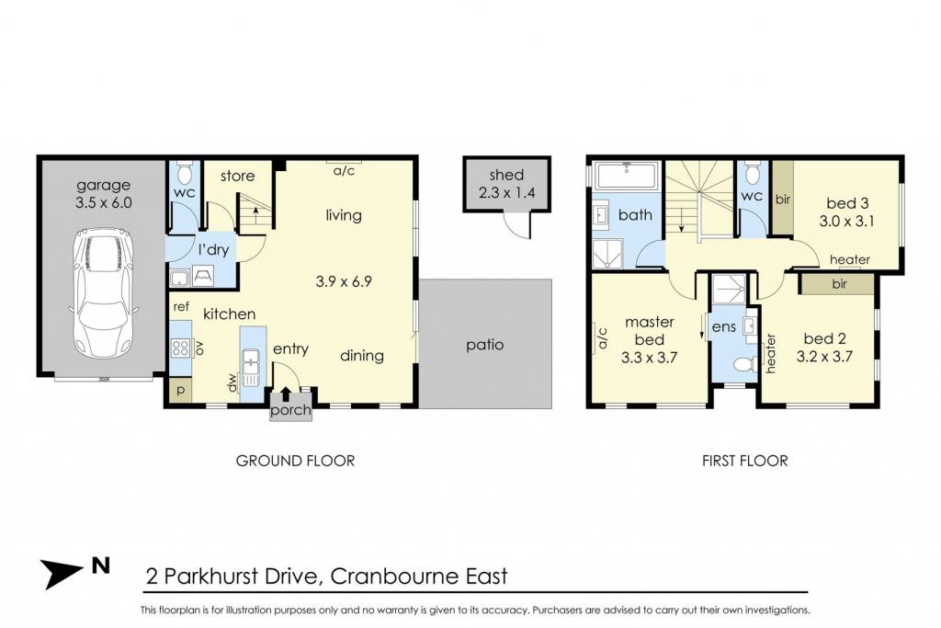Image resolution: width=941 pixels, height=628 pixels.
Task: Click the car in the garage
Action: click(103, 293)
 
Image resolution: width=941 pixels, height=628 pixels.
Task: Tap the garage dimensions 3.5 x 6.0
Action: click(103, 202)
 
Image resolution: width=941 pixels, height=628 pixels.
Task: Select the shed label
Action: click(506, 175)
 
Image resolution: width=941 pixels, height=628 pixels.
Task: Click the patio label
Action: click(485, 345)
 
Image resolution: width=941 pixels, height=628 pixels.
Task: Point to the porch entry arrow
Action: click(286, 394)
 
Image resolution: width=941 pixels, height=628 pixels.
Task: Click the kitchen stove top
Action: click(181, 348)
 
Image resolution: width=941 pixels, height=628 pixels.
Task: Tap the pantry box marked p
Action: click(181, 390)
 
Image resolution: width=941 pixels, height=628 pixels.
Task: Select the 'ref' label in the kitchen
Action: click(181, 307)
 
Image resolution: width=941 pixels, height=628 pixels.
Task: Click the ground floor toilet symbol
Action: click(185, 174)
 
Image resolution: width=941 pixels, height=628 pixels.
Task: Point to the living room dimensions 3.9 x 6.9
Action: click(344, 281)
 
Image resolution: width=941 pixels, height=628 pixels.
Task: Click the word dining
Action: click(362, 356)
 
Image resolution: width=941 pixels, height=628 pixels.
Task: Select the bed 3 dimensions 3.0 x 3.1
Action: click(846, 221)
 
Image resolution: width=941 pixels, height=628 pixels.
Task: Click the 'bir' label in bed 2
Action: click(839, 284)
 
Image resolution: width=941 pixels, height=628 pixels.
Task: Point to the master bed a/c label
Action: click(603, 338)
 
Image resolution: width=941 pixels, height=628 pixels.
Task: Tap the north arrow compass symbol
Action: click(62, 572)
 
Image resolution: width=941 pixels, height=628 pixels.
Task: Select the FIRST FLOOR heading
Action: click(744, 461)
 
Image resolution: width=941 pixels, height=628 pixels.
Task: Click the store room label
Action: click(237, 176)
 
